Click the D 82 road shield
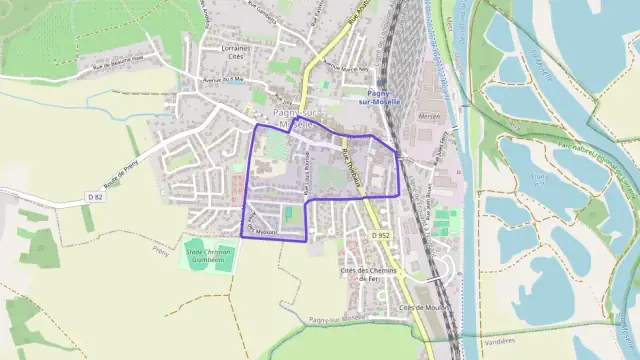(x=95, y=198)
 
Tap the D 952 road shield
(x=380, y=235)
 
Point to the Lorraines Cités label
(x=237, y=52)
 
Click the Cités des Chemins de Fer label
(x=370, y=276)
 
